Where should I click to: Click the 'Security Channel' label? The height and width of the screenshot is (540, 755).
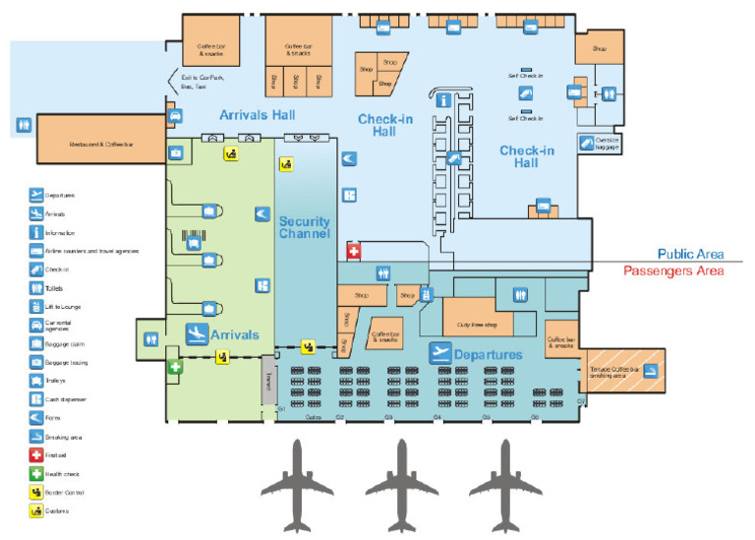pos(304,227)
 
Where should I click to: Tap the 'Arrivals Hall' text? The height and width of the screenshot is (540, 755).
pos(257,115)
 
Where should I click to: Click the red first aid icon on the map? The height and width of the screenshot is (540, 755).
pos(355,251)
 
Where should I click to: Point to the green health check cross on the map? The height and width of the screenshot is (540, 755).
pos(175,367)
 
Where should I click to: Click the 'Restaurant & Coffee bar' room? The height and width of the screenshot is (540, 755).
pos(100,146)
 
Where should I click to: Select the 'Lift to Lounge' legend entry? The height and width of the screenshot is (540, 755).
pos(63,307)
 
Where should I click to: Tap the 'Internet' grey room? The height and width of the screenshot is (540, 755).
pos(267,379)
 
